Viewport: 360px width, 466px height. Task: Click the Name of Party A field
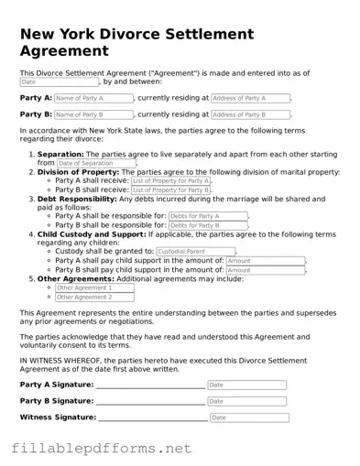coord(93,98)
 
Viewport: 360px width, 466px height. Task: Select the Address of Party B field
coord(250,115)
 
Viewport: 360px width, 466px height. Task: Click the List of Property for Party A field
coord(170,181)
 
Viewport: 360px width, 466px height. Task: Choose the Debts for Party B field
coord(207,225)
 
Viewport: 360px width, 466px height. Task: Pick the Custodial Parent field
coord(195,252)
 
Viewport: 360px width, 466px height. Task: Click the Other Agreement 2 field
coord(94,297)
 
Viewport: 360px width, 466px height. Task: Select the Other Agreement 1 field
coord(94,287)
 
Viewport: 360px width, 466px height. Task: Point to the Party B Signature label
coord(56,402)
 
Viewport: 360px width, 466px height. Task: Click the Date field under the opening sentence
coord(59,81)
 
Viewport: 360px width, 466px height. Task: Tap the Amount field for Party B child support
coord(264,270)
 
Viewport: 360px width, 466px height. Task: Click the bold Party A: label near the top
coord(36,98)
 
